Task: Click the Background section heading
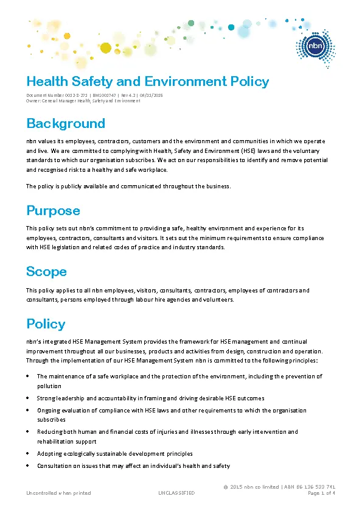(x=66, y=124)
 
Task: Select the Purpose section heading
(x=53, y=211)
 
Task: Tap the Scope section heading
(x=46, y=271)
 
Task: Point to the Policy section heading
(x=46, y=324)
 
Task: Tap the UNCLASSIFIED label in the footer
(x=176, y=493)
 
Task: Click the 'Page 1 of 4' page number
(x=322, y=493)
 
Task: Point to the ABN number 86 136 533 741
(x=315, y=487)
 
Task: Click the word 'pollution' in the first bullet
(x=49, y=386)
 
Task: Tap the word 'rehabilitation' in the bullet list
(x=55, y=442)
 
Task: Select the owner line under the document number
(x=83, y=101)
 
